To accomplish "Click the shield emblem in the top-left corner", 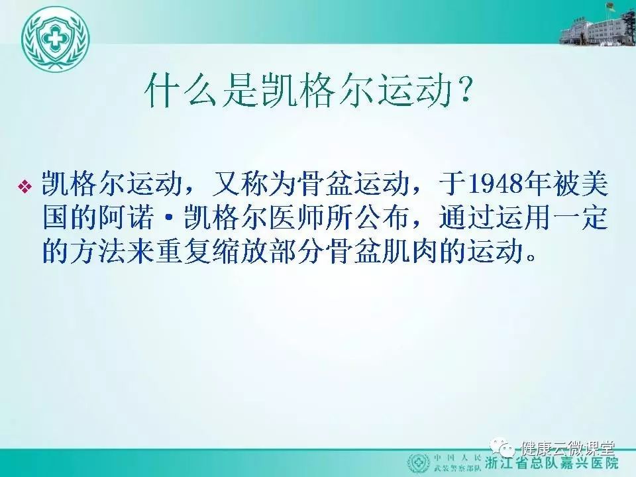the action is coord(55,39).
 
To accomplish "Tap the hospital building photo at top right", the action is coord(597,25).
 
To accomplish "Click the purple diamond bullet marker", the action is coord(25,186).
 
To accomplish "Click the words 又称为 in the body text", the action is coord(254,184).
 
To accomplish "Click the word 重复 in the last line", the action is coord(184,252).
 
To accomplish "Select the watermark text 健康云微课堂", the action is coord(568,448).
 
